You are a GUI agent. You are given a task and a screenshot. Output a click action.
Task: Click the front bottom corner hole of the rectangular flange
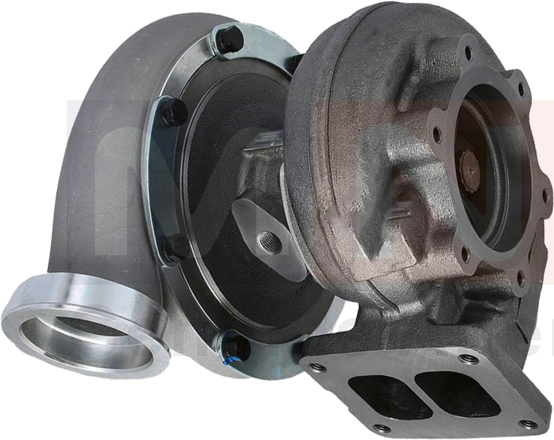tap(382, 428)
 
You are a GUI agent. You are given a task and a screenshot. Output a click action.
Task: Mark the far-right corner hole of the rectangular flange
tap(527, 424)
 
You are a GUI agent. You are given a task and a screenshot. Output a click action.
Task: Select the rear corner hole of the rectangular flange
tap(469, 358)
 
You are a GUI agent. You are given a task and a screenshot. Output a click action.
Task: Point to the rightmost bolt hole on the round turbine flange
tap(544, 195)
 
